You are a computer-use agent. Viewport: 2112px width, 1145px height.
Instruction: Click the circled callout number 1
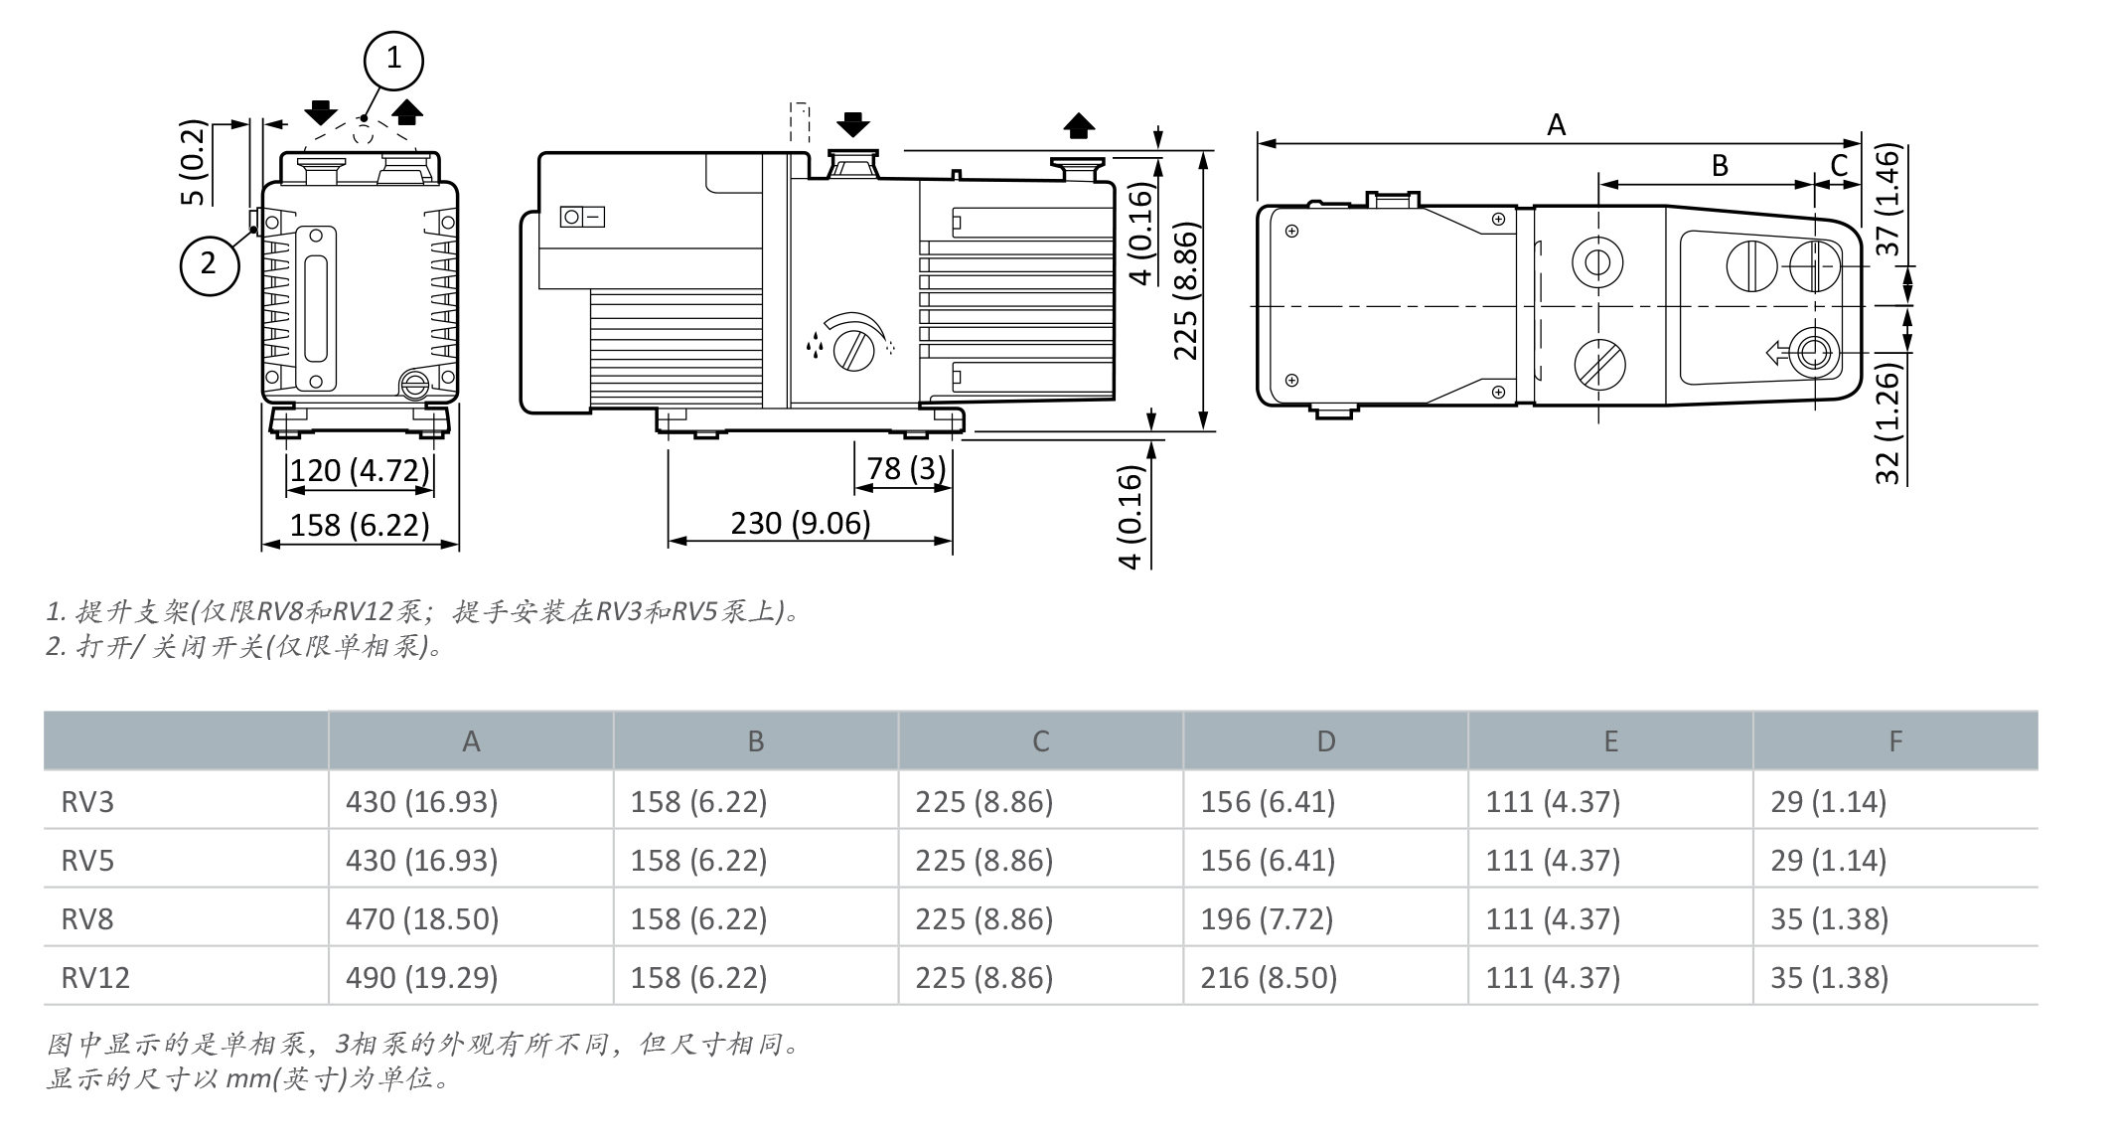[x=393, y=60]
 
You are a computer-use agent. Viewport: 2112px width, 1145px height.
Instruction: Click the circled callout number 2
[x=209, y=264]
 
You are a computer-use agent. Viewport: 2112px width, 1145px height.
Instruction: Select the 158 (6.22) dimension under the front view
[x=359, y=524]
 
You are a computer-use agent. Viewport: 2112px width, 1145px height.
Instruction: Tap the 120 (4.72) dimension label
[x=359, y=469]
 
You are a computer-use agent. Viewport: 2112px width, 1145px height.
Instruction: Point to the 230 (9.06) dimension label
[x=800, y=522]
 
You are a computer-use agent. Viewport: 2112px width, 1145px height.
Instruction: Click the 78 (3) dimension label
[x=906, y=467]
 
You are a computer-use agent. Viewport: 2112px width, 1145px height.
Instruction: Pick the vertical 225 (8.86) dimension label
[x=1186, y=290]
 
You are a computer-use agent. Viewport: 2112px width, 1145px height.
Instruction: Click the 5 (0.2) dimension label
[x=193, y=163]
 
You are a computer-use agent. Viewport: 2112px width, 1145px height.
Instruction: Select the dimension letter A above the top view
[x=1556, y=125]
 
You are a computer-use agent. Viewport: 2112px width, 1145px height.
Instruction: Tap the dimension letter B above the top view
[x=1720, y=166]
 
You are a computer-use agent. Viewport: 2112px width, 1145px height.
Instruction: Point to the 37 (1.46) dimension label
[x=1887, y=200]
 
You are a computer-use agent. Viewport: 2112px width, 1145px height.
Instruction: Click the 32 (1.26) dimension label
[x=1887, y=424]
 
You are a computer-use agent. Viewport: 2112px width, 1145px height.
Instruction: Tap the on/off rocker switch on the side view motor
[x=582, y=217]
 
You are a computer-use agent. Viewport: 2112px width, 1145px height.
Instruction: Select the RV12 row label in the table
[x=95, y=977]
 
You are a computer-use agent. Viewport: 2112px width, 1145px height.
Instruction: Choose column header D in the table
[x=1325, y=741]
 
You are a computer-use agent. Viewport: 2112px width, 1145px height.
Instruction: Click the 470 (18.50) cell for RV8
[x=422, y=918]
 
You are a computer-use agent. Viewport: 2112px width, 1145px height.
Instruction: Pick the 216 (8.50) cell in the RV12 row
[x=1269, y=977]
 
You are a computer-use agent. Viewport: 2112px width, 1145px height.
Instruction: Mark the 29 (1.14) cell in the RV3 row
[x=1828, y=801]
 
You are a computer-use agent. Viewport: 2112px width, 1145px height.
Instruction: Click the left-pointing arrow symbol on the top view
[x=1776, y=352]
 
